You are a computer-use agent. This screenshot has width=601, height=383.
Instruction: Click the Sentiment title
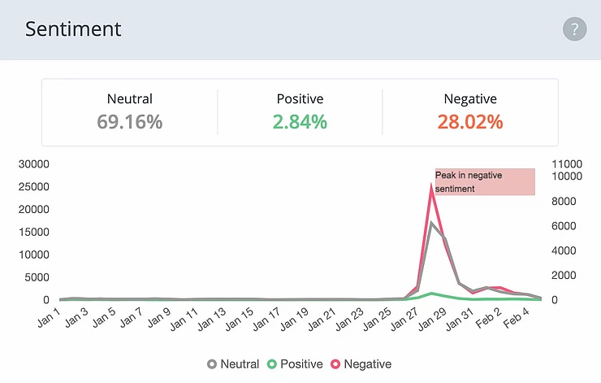(73, 29)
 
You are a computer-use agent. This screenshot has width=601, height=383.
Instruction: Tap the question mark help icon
(574, 30)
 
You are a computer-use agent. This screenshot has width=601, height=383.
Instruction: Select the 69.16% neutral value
(130, 123)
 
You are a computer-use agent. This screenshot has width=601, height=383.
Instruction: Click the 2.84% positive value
(300, 123)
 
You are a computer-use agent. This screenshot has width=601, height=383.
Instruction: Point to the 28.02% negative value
(470, 123)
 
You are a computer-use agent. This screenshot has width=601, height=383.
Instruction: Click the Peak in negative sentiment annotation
(485, 181)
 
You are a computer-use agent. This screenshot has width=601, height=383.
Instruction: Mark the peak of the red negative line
(432, 186)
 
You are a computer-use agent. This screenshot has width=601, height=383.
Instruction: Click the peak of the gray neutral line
(432, 222)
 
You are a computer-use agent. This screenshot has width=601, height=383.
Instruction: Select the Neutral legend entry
(234, 364)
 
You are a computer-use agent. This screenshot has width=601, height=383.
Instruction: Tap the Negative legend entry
(361, 364)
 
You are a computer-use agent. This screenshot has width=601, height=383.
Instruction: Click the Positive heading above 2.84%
(300, 99)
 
